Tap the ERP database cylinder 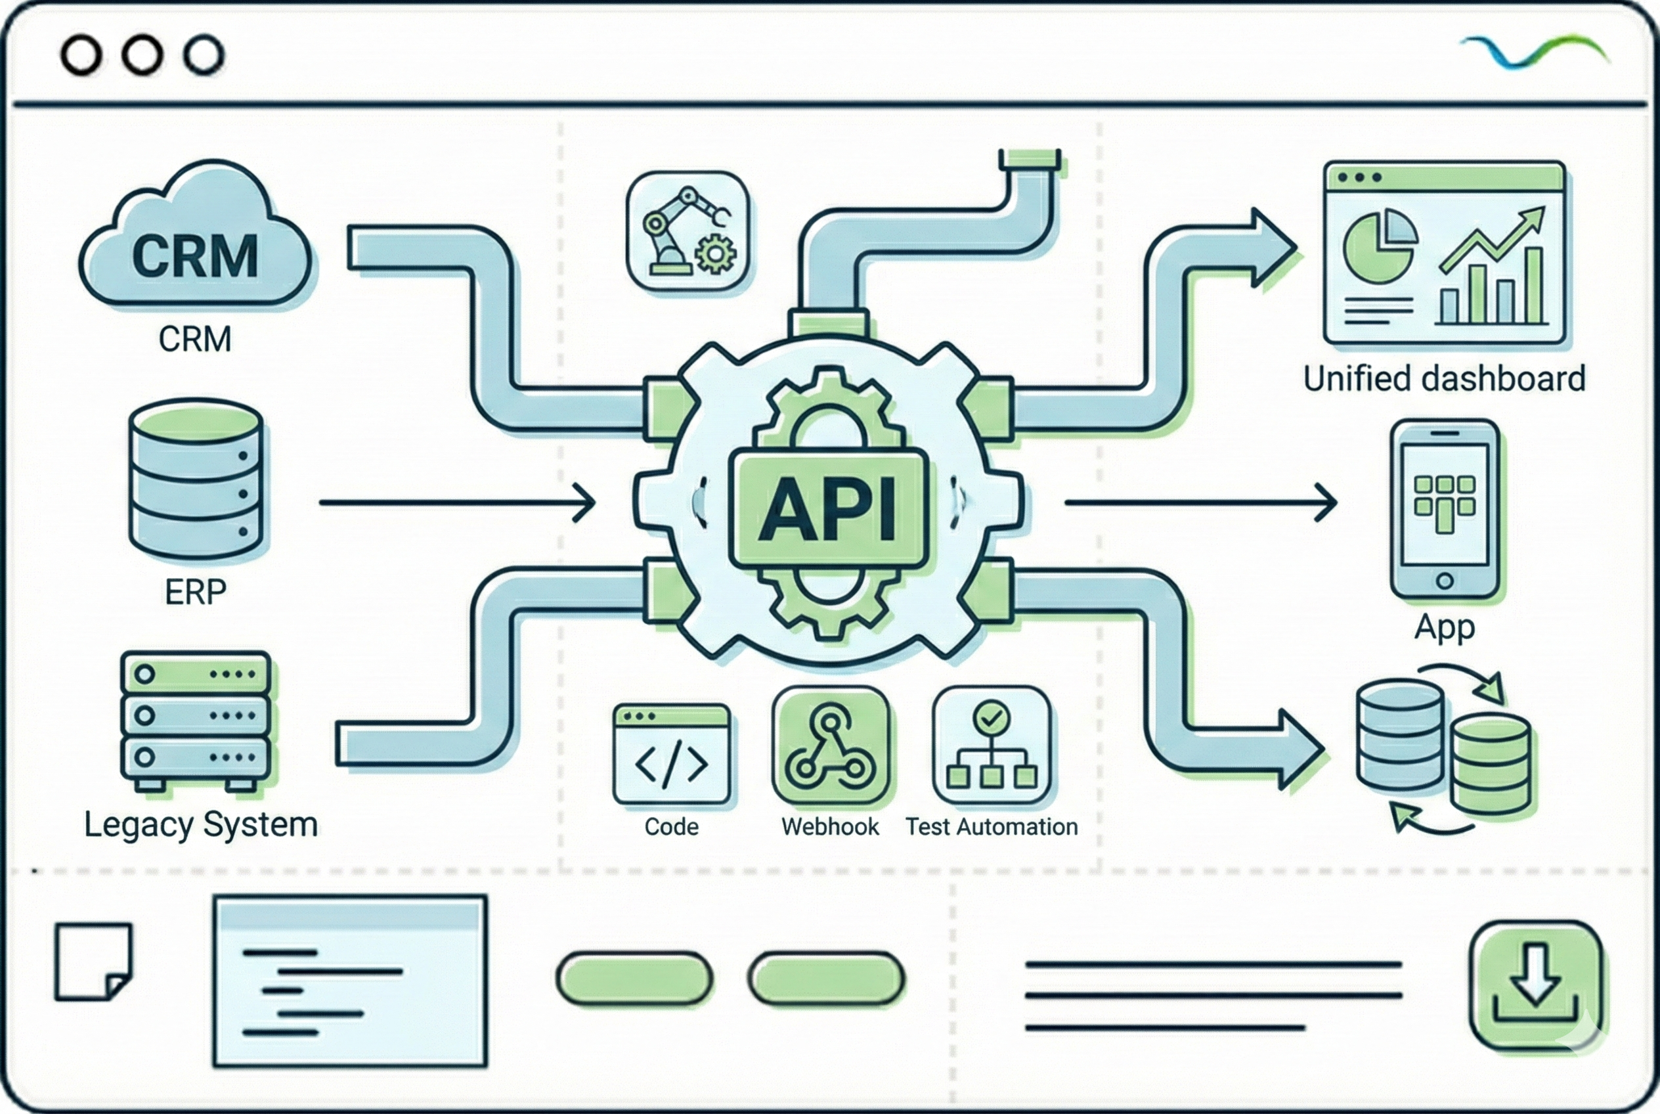[x=195, y=479]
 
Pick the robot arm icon [x=687, y=231]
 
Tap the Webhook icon [x=831, y=746]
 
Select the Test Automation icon [x=992, y=746]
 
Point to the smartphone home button [x=1444, y=581]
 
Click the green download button [x=1536, y=985]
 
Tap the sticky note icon [x=94, y=961]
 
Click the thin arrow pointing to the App [x=1200, y=502]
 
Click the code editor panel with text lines [x=350, y=981]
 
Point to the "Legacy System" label [x=201, y=825]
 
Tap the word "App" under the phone [x=1444, y=627]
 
